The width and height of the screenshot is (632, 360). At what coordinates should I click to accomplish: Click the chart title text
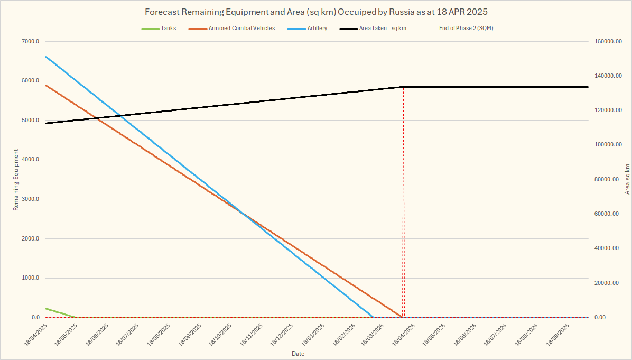tap(316, 12)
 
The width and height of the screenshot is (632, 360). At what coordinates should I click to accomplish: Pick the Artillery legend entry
tap(317, 28)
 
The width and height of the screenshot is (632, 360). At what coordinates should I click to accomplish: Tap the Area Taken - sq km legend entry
tap(383, 28)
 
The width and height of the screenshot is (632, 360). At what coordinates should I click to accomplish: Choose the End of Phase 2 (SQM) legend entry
tap(466, 28)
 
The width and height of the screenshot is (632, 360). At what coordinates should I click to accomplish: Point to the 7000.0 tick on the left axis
tap(30, 42)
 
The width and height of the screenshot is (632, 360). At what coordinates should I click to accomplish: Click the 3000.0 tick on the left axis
tap(30, 199)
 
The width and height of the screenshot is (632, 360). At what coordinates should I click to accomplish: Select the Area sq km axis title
tap(627, 179)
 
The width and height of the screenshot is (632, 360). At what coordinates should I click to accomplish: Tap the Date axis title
tap(298, 353)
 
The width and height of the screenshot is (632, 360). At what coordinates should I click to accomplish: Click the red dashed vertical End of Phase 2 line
tap(403, 201)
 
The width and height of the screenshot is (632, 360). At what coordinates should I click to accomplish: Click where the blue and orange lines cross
tap(243, 214)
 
